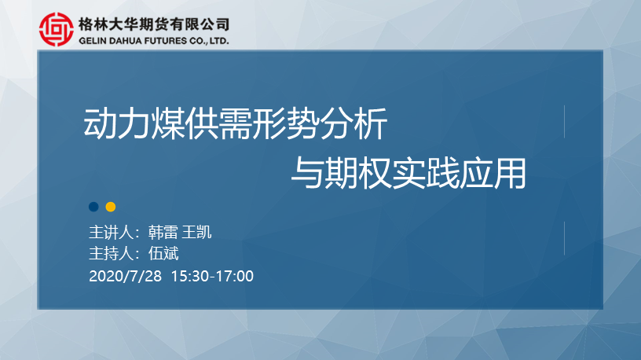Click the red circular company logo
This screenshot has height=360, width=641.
coord(57,29)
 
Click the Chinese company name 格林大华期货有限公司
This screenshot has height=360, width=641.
coord(154,24)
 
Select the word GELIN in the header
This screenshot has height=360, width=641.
coord(90,41)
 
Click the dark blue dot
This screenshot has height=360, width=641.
coord(93,207)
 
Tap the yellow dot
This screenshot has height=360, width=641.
coord(111,207)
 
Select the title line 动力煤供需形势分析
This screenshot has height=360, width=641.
coord(235,123)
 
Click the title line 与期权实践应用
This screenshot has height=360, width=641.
coord(408,174)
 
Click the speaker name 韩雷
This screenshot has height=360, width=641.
coord(163,233)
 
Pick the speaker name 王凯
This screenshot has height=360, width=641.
coord(196,233)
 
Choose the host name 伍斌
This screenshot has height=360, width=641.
coord(163,254)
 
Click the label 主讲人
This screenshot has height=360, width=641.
coord(112,233)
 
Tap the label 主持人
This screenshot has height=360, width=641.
coord(112,254)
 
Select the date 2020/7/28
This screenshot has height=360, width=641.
coord(125,276)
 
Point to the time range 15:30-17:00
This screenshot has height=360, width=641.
coord(212,276)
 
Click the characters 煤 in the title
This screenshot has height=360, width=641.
coord(167,123)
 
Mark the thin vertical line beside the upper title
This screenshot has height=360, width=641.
coord(564,122)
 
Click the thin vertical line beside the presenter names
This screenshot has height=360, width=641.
coord(564,238)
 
